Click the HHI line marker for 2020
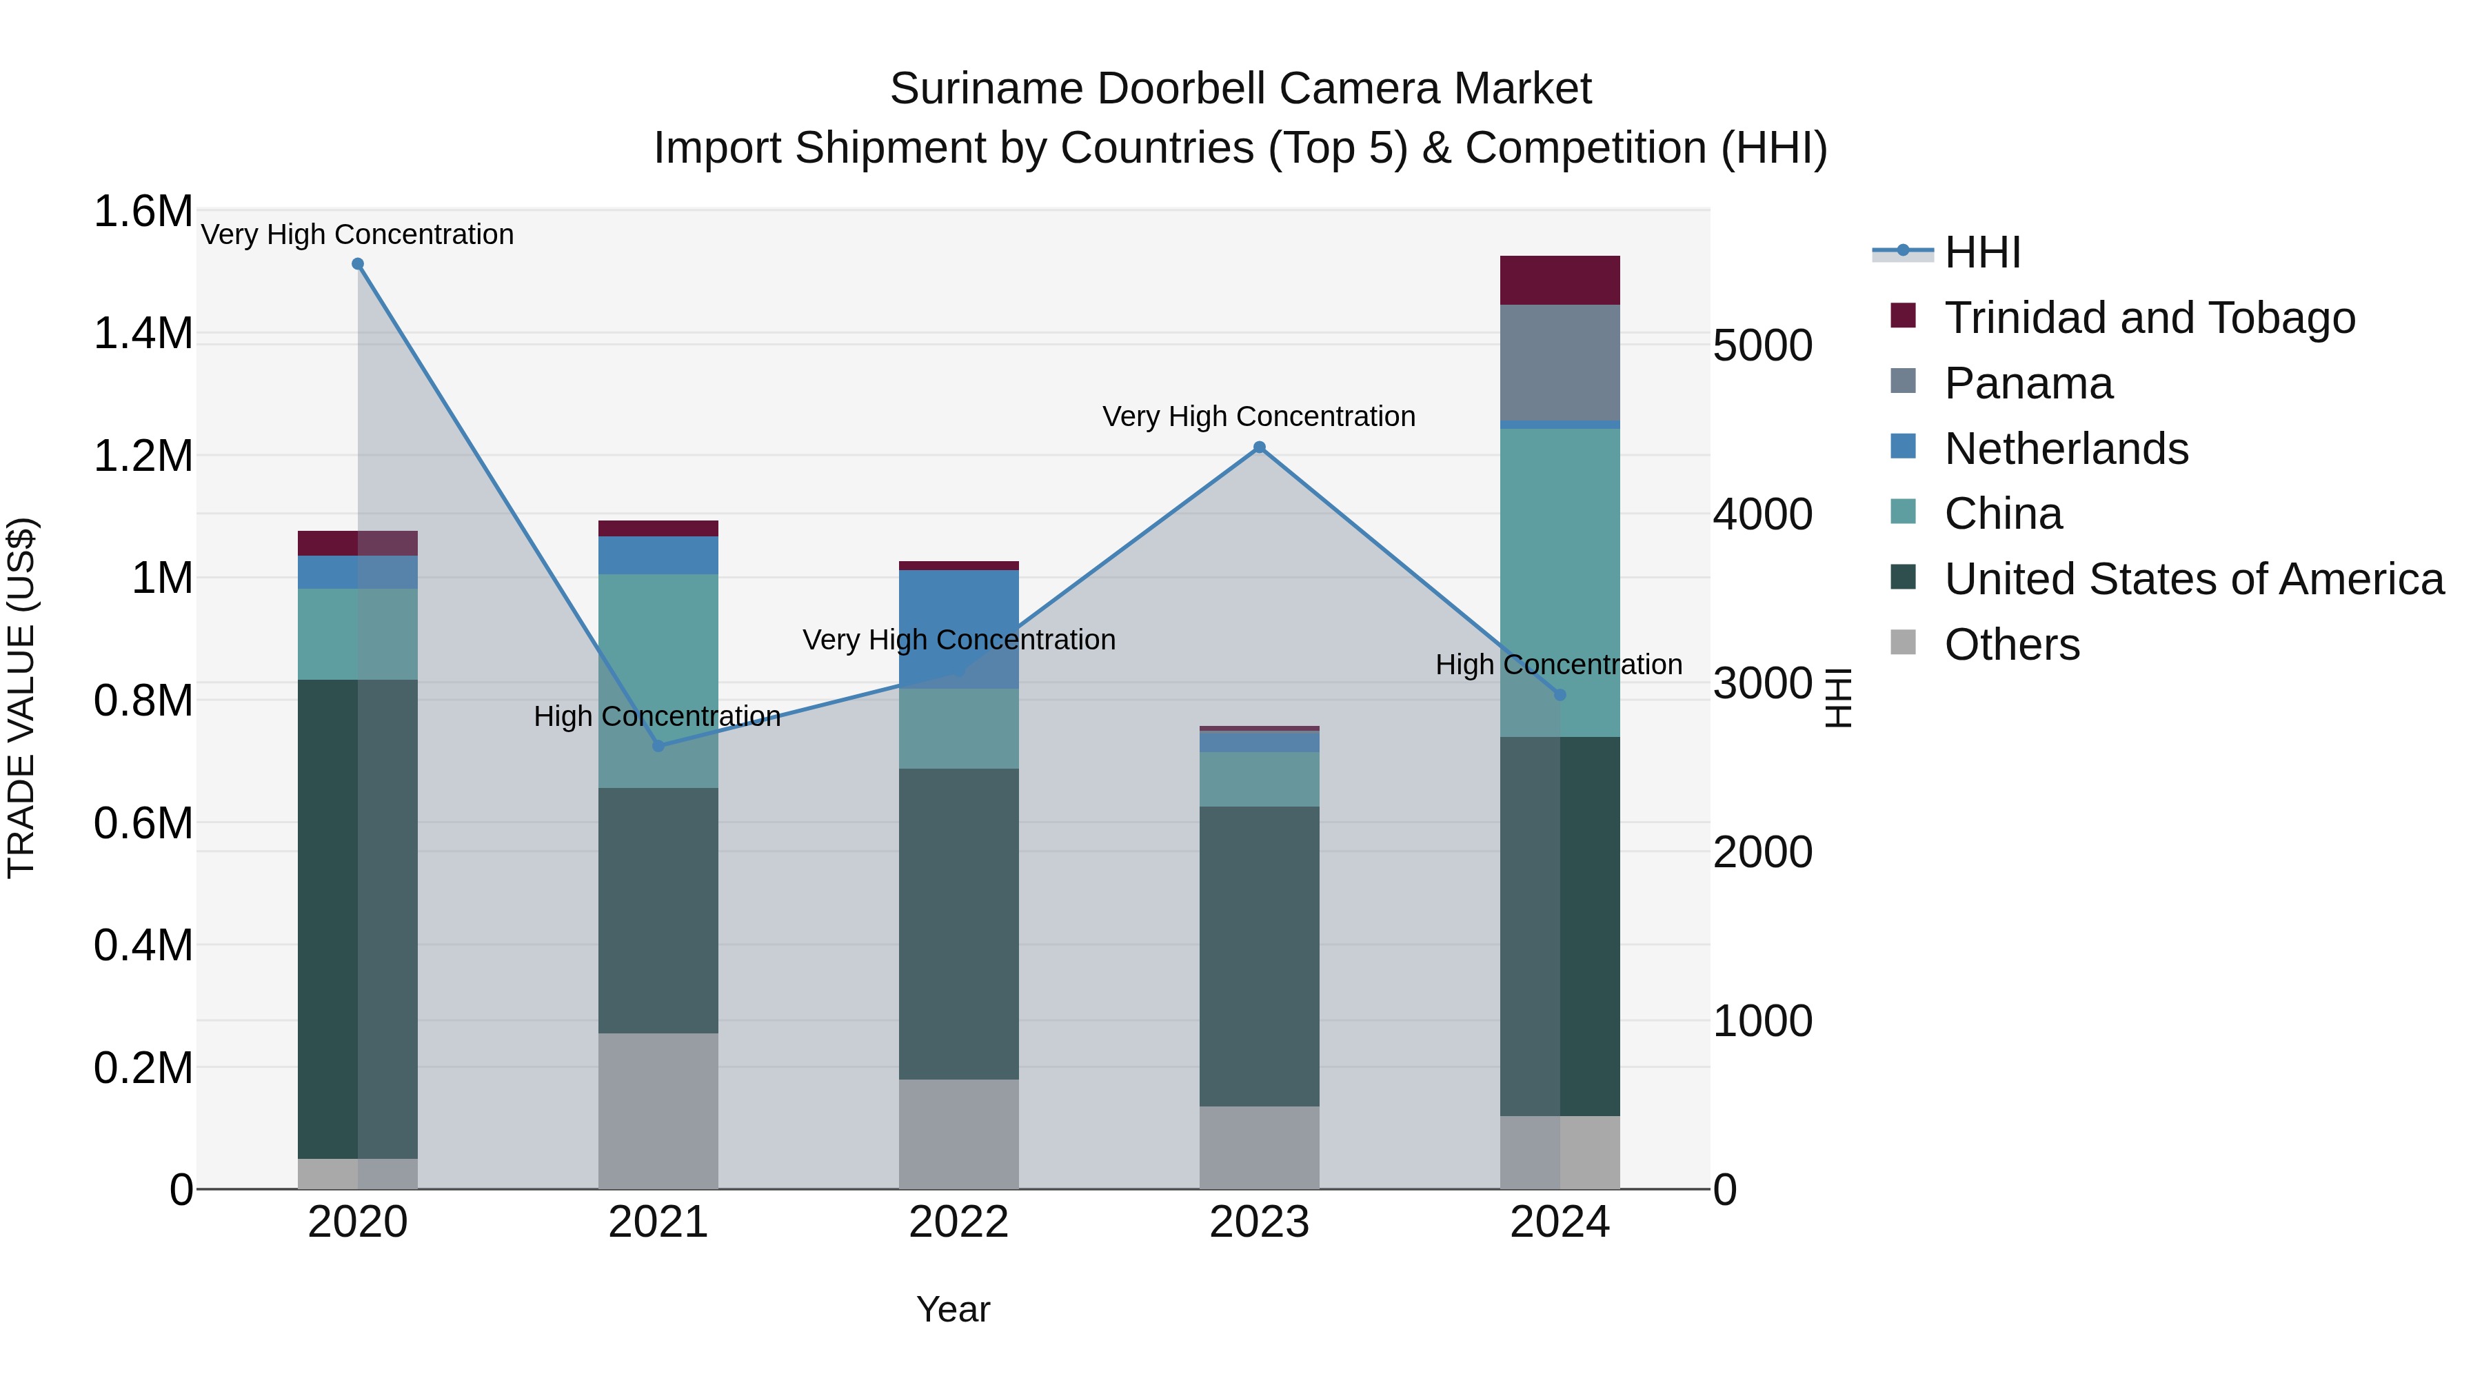[x=357, y=264]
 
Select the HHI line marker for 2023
[x=1260, y=447]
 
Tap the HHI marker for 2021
[x=658, y=746]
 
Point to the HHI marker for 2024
[x=1560, y=695]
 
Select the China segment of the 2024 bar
[x=1560, y=578]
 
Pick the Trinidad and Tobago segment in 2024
[x=1560, y=281]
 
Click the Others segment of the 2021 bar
[x=658, y=1110]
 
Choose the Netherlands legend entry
[x=2065, y=449]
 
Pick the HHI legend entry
[x=1982, y=252]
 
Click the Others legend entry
[x=2011, y=645]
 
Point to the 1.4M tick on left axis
[x=143, y=334]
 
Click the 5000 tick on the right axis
[x=1762, y=346]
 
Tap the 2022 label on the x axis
[x=959, y=1222]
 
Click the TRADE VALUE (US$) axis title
[x=21, y=698]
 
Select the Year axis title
[x=953, y=1309]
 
